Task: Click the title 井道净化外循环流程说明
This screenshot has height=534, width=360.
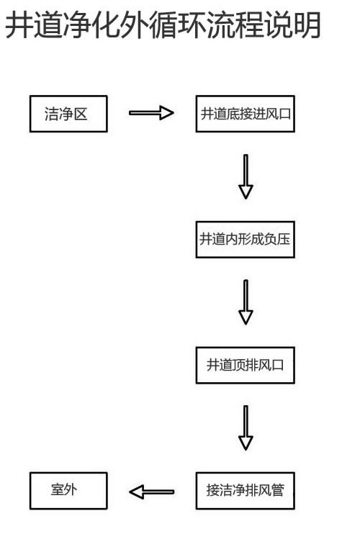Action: pyautogui.click(x=162, y=27)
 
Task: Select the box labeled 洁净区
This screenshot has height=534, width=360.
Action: pyautogui.click(x=67, y=114)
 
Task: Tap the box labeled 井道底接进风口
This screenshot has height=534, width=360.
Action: pyautogui.click(x=246, y=114)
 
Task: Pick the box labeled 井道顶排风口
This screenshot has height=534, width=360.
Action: pyautogui.click(x=246, y=366)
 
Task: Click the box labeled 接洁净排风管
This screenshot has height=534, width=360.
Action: pyautogui.click(x=246, y=492)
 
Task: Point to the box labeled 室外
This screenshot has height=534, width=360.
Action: pyautogui.click(x=67, y=492)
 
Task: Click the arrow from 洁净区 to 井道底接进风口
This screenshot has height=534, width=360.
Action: pyautogui.click(x=151, y=113)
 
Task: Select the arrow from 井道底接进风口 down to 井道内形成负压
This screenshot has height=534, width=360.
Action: pyautogui.click(x=246, y=176)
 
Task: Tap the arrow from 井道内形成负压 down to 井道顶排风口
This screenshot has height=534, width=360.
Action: pyautogui.click(x=246, y=302)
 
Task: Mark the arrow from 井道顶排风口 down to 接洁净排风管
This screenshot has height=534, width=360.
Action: pyautogui.click(x=246, y=428)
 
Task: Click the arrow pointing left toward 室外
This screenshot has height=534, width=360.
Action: pyautogui.click(x=151, y=492)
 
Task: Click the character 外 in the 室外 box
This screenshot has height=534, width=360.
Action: pyautogui.click(x=73, y=492)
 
